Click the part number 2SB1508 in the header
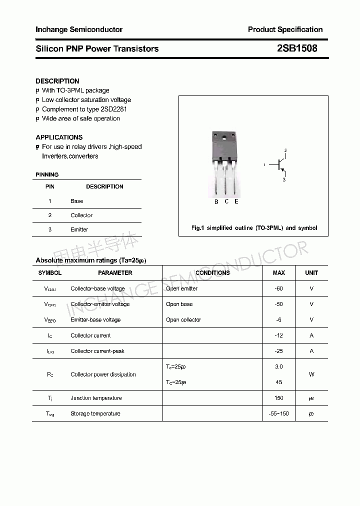coord(296,48)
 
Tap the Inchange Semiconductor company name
coord(79,29)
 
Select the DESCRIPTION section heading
coord(57,81)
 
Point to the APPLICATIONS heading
coord(59,137)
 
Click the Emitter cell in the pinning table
coord(79,229)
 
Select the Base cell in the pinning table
coord(77,201)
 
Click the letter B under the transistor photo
coord(216,202)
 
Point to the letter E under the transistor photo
coord(236,201)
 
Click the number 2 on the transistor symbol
coord(285,150)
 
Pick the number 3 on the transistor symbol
coord(284,179)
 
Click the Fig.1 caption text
coord(254,228)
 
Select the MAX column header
coord(279,273)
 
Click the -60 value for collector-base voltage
coord(279,288)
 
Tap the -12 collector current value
coord(279,335)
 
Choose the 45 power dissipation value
coord(279,382)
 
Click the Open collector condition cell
coord(183,319)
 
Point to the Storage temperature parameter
coord(95,413)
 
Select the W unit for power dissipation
coord(311,374)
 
